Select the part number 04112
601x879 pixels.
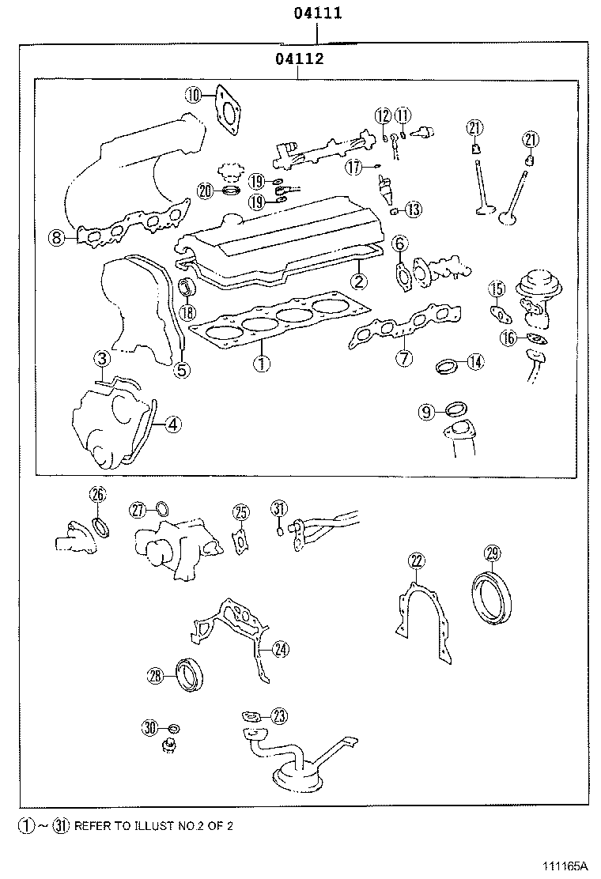(x=298, y=58)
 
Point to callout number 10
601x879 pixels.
(x=195, y=96)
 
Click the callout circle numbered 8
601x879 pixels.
(x=55, y=236)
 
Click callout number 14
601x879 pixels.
(x=474, y=362)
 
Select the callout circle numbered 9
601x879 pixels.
(x=426, y=411)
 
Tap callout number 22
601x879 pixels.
(x=417, y=561)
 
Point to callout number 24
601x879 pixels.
(x=281, y=650)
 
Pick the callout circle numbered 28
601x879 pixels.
(x=155, y=674)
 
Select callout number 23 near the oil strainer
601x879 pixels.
(x=279, y=716)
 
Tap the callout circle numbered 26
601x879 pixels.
(x=97, y=496)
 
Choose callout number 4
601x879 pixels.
(x=173, y=424)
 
